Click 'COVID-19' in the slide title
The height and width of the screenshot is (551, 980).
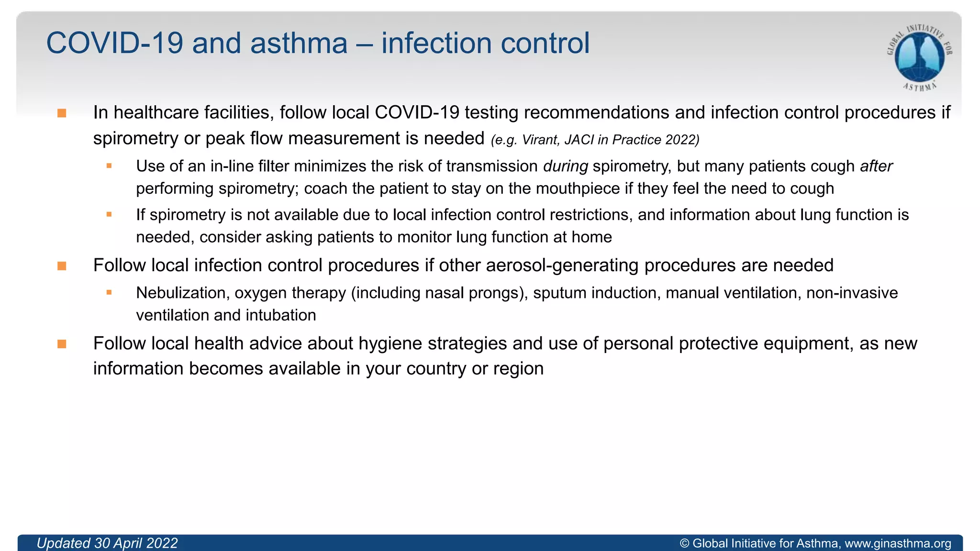115,43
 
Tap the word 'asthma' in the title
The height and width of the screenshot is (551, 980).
299,43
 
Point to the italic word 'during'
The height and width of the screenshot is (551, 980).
566,166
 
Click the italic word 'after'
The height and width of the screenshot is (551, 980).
876,166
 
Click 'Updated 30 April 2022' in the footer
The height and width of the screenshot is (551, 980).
107,543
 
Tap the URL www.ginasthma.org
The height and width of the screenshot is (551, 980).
898,543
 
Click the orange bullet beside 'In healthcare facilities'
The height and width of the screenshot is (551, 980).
62,113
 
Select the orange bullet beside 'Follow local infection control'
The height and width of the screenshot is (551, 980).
62,266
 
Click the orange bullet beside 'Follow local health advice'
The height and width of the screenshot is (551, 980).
62,344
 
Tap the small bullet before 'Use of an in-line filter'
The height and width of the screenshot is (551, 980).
109,166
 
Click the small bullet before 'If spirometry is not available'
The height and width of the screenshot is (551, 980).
109,215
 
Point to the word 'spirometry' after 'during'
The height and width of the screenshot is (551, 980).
626,166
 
